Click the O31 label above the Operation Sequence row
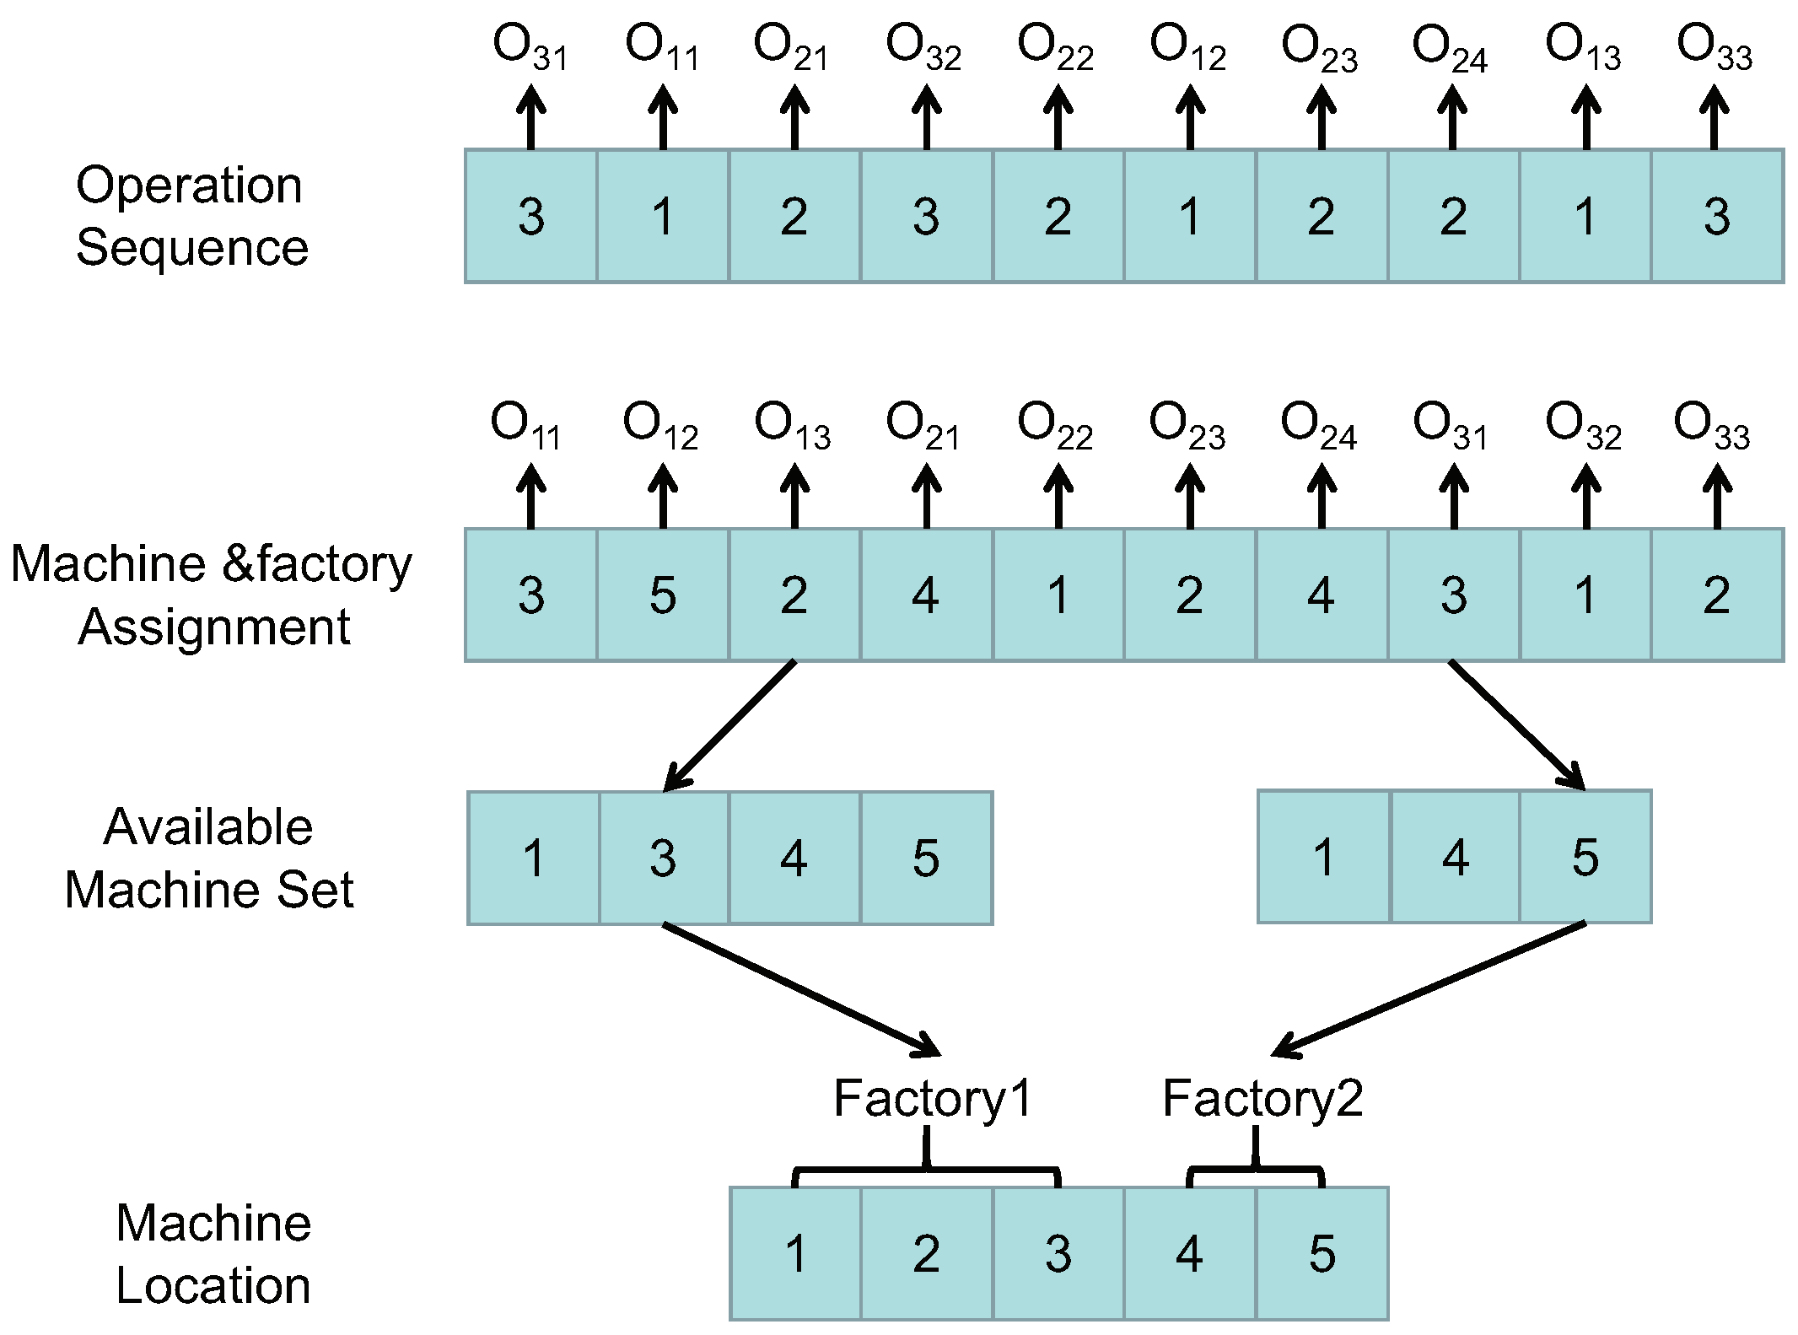pyautogui.click(x=530, y=46)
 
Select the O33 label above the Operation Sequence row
pyautogui.click(x=1714, y=46)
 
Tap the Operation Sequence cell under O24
pyautogui.click(x=1452, y=216)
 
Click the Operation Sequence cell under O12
pyautogui.click(x=1189, y=216)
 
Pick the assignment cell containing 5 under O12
pyautogui.click(x=663, y=595)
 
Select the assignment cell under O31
pyautogui.click(x=1452, y=595)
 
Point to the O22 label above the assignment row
pyautogui.click(x=1055, y=425)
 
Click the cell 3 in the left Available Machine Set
pyautogui.click(x=663, y=858)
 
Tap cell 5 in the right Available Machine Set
pyautogui.click(x=1585, y=857)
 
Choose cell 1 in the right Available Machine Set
pyautogui.click(x=1323, y=857)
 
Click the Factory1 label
pyautogui.click(x=933, y=1099)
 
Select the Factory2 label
pyautogui.click(x=1262, y=1099)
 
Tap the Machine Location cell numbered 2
pyautogui.click(x=926, y=1253)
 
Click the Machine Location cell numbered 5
pyautogui.click(x=1322, y=1253)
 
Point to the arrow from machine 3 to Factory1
pyautogui.click(x=801, y=990)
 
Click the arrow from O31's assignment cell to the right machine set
pyautogui.click(x=1516, y=725)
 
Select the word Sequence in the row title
pyautogui.click(x=192, y=247)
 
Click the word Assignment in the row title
pyautogui.click(x=213, y=627)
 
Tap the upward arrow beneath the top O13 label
pyautogui.click(x=1585, y=119)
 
